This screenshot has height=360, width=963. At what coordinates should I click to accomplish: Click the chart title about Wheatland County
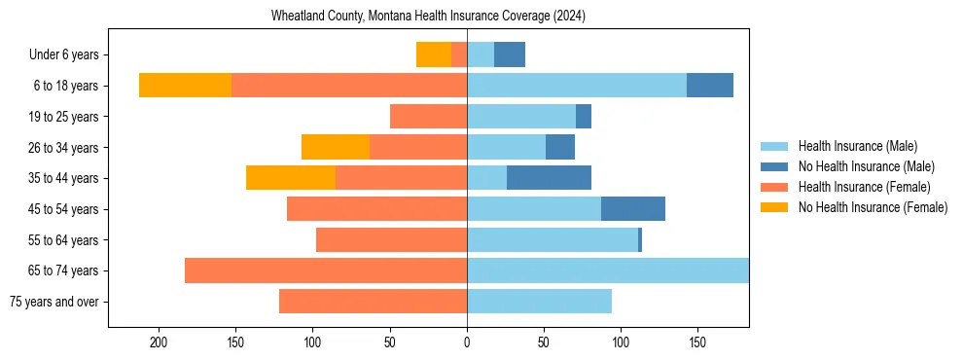428,17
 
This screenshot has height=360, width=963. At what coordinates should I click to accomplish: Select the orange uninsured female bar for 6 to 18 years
185,85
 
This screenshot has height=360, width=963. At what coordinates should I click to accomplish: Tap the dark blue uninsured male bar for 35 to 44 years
549,178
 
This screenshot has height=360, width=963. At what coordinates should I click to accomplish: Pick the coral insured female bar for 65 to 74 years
326,270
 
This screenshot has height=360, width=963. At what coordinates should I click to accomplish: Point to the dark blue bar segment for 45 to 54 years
632,209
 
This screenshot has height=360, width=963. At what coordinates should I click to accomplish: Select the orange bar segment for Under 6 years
434,54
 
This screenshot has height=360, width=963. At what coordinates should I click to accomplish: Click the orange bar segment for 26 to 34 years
336,147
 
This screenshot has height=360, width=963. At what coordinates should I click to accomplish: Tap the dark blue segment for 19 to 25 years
584,117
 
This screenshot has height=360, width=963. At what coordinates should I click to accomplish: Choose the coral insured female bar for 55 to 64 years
391,239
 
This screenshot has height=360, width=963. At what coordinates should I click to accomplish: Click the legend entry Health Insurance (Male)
857,146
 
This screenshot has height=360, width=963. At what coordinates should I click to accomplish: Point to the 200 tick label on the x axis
158,342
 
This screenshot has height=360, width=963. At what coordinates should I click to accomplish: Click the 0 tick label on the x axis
467,342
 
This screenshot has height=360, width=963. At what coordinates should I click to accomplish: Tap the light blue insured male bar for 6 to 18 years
576,85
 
